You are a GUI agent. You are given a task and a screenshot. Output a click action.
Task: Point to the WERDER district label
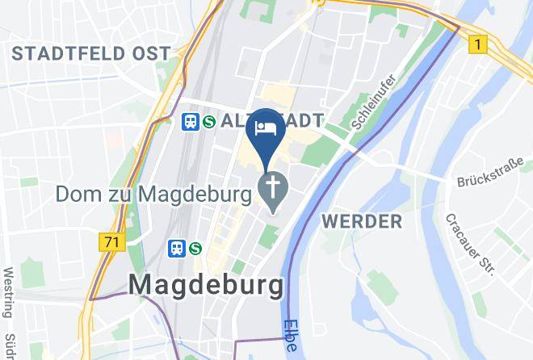tap(361, 221)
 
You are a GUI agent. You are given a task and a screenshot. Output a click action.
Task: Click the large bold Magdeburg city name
tap(207, 284)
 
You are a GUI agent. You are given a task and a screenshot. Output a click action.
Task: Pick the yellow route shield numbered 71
tap(113, 241)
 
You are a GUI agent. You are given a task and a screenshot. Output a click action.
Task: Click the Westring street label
tap(10, 292)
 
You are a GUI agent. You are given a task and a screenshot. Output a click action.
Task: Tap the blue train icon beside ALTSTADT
tap(191, 122)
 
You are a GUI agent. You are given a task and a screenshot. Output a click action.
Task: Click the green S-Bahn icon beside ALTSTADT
tap(208, 122)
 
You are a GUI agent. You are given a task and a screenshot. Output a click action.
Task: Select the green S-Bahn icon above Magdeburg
tap(195, 249)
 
